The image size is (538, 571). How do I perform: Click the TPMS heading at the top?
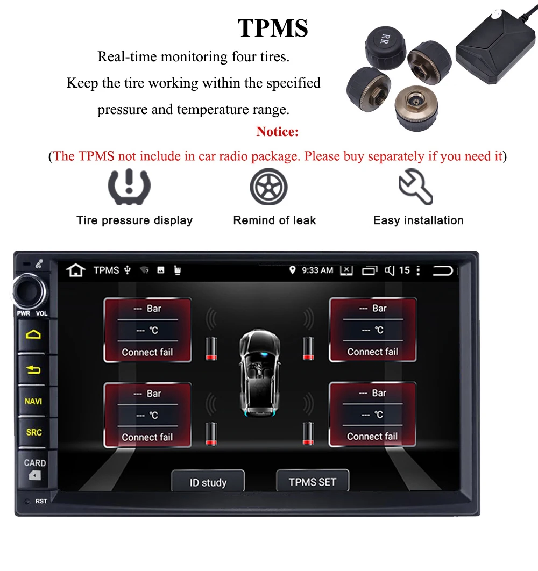coord(273,28)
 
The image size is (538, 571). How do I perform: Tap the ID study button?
coord(208,482)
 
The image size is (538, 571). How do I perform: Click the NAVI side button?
coord(33,401)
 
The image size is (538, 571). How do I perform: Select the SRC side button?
coord(33,432)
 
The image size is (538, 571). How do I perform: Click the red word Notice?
coord(277,132)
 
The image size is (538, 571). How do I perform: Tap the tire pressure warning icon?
coord(129,186)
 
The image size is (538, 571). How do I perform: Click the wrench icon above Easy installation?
coord(415,186)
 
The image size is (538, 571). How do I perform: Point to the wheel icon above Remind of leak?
coord(268,187)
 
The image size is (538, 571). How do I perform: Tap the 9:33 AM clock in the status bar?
coord(317,270)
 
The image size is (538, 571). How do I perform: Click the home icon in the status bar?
coord(76,270)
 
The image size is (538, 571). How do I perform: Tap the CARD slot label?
coord(34,463)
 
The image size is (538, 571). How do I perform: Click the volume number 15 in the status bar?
coord(404,270)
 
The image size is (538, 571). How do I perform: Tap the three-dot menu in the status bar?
coord(419,270)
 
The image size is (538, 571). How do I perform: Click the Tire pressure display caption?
coord(134,220)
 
